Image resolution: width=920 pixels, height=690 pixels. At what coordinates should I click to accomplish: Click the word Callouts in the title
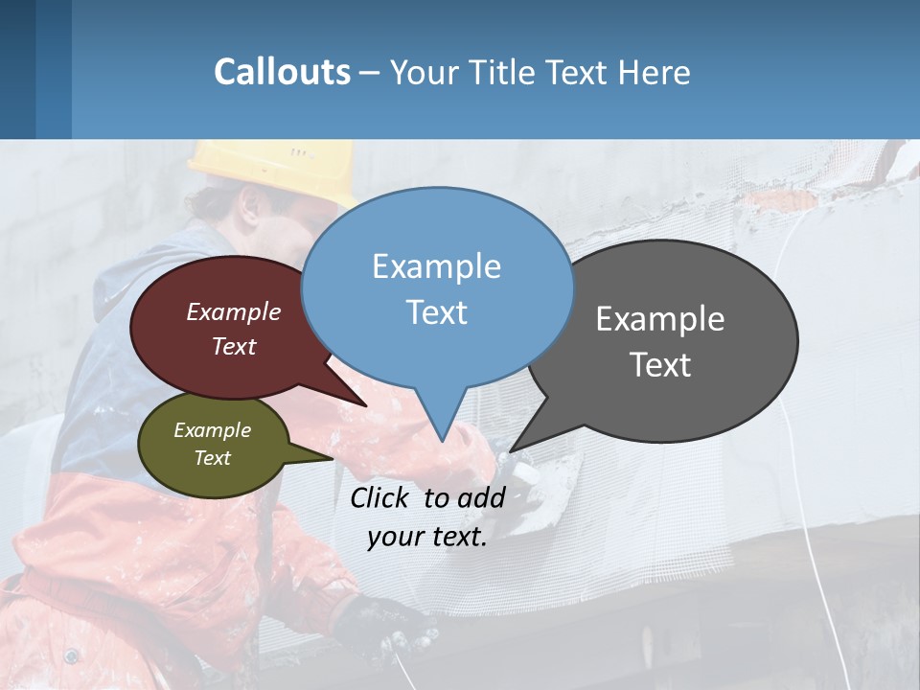tap(282, 72)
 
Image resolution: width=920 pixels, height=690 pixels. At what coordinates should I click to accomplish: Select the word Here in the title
tap(655, 73)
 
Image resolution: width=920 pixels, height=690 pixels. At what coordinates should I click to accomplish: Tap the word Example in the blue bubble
tap(436, 266)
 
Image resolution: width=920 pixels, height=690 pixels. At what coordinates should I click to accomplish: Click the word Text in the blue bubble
tap(436, 312)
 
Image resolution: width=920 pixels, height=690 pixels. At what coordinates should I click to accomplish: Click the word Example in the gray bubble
tap(660, 319)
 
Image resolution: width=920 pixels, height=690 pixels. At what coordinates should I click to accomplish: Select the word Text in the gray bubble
tap(660, 365)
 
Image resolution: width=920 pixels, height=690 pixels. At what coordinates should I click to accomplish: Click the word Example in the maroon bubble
tap(234, 312)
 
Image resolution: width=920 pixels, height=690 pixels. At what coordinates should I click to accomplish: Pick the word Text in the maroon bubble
tap(234, 347)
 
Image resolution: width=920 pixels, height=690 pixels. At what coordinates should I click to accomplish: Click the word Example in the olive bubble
tap(212, 431)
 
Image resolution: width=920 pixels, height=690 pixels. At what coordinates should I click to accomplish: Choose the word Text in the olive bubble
tap(212, 458)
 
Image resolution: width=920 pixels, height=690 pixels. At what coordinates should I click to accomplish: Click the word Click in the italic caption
tap(381, 497)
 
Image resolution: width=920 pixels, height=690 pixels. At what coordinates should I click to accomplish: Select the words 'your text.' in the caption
tap(427, 537)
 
